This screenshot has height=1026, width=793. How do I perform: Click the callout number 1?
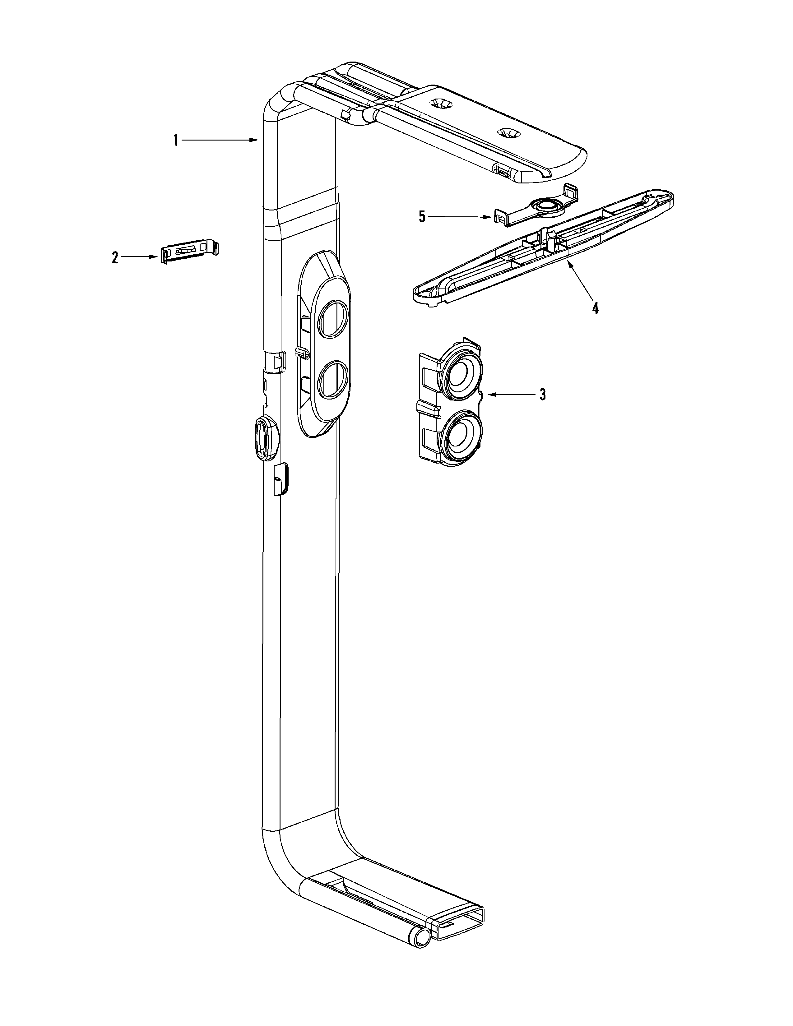(176, 140)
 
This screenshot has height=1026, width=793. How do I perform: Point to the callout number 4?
(595, 309)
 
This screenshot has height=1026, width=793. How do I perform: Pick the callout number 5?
(422, 217)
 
